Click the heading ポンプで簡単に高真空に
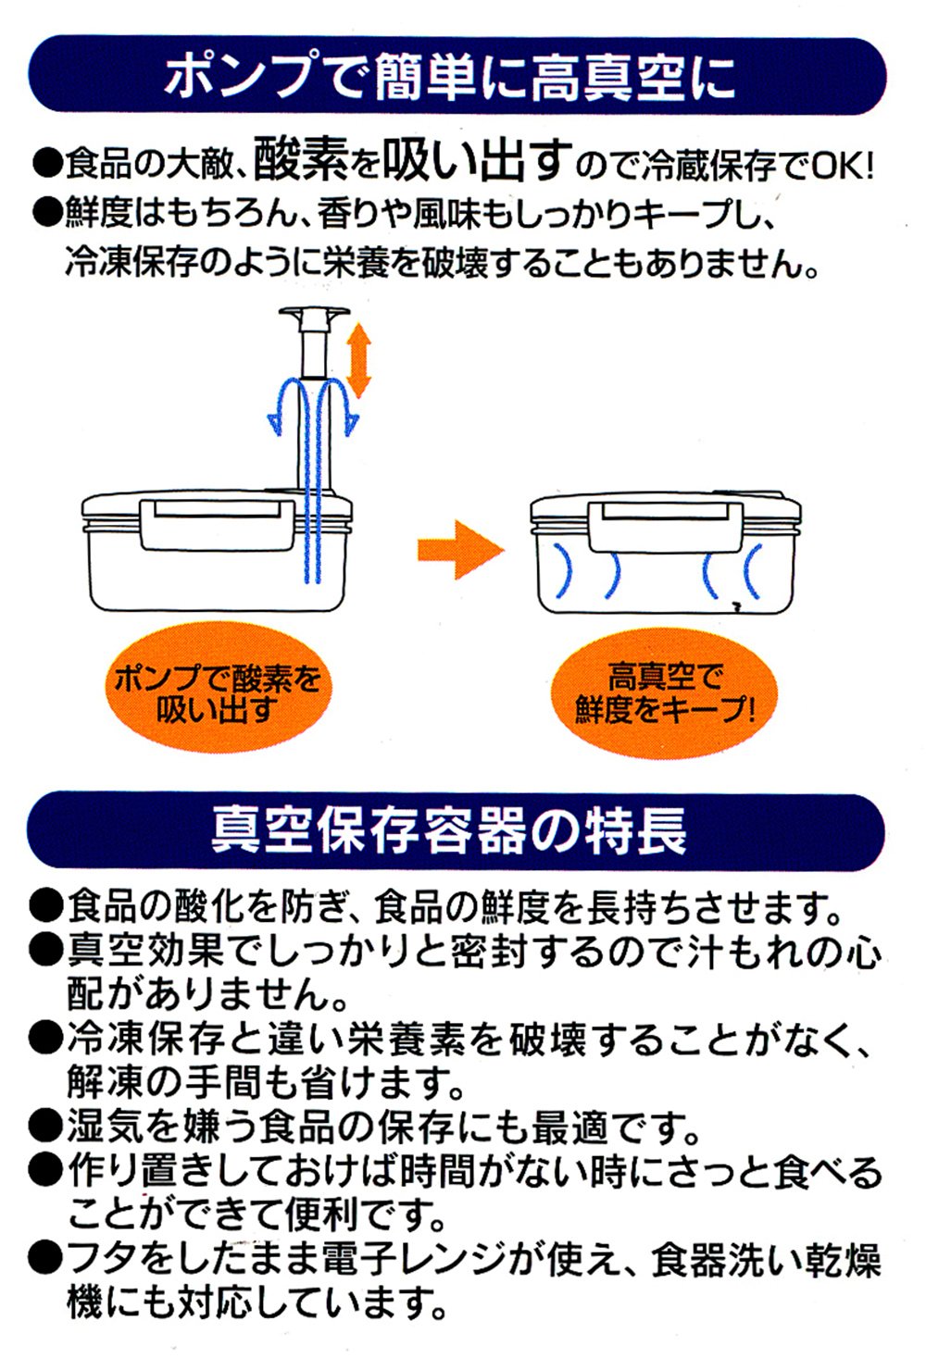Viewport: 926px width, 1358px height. (x=450, y=78)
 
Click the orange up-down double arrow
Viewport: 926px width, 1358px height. (x=359, y=361)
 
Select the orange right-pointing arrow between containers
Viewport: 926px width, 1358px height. (x=461, y=549)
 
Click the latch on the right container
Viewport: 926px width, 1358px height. (x=666, y=525)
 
